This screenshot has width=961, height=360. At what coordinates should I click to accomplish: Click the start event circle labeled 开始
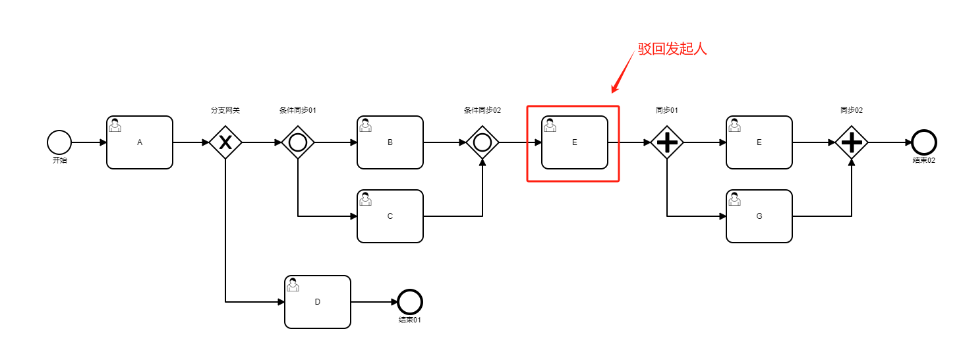coord(59,142)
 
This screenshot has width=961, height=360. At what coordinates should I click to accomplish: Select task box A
coord(140,142)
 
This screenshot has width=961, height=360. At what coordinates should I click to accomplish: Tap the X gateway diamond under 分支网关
coord(225,142)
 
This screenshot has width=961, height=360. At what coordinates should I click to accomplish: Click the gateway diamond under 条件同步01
coord(298,142)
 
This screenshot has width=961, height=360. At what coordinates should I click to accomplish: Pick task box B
coord(390,142)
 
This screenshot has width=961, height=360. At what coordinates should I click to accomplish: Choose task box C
coord(390,216)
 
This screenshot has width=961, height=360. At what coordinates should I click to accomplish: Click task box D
coord(318,302)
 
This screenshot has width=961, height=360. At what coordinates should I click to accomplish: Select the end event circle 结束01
coord(410,302)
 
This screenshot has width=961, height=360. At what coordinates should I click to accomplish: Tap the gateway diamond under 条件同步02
coord(482,142)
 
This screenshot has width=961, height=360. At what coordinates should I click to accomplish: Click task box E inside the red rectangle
coord(575,142)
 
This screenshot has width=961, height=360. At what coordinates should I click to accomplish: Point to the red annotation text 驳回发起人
coord(672,49)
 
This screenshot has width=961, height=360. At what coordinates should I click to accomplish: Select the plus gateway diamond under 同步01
coord(667,142)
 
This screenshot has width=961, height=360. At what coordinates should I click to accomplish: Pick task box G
coord(759,216)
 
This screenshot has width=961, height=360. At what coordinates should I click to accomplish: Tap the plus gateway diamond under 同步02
coord(852,142)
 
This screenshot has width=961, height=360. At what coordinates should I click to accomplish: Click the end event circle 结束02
coord(924,142)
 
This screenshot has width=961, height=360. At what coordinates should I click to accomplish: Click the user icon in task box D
coord(293,285)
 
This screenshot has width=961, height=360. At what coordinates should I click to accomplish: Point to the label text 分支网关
coord(225,110)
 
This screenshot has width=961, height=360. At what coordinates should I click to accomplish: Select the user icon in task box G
coord(735,199)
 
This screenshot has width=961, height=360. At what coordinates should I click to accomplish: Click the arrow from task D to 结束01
coord(374,302)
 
